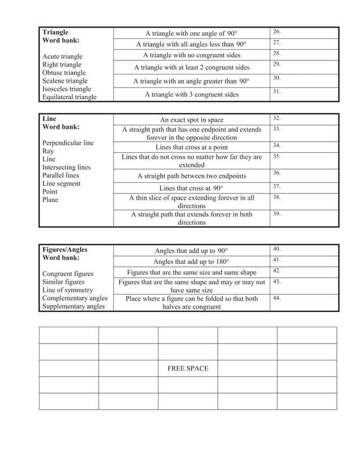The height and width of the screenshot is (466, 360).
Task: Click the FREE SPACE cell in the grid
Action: tap(188, 368)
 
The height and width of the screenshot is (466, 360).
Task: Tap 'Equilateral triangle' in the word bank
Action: tap(69, 97)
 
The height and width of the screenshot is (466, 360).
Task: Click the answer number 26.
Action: tap(276, 31)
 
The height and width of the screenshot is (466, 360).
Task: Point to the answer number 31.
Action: tap(276, 91)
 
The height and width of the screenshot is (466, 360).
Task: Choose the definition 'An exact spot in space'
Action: tap(191, 120)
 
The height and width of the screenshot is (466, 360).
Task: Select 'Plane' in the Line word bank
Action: tap(50, 200)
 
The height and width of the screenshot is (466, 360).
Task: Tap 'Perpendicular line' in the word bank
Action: tap(68, 143)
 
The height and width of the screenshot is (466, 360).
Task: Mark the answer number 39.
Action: tap(276, 214)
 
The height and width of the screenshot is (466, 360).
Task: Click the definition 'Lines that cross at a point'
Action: tap(191, 147)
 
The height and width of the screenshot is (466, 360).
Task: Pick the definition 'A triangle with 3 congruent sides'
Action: tap(191, 94)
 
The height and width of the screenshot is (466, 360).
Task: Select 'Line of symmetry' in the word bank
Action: tap(68, 290)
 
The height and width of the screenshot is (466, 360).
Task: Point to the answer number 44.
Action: tap(276, 297)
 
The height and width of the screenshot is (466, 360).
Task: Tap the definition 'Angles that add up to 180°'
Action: tap(191, 261)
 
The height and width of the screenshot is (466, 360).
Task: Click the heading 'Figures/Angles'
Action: tap(65, 249)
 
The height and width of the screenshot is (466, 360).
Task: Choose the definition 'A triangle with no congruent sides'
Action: tap(191, 55)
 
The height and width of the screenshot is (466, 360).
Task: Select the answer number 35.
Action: tap(276, 156)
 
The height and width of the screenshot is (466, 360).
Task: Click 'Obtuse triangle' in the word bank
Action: tap(64, 73)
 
